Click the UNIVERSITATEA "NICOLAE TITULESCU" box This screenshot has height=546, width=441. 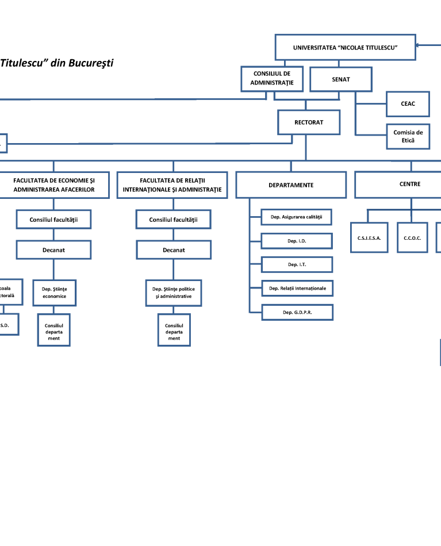pyautogui.click(x=345, y=47)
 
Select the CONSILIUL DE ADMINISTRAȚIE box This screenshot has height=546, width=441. pyautogui.click(x=272, y=79)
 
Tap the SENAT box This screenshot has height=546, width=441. pyautogui.click(x=340, y=79)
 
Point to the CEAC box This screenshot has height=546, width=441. pyautogui.click(x=408, y=104)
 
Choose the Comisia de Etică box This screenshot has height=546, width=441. pyautogui.click(x=408, y=136)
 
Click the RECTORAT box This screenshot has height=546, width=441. pyautogui.click(x=309, y=122)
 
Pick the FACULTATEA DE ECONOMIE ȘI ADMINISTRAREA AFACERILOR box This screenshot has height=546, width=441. pyautogui.click(x=53, y=185)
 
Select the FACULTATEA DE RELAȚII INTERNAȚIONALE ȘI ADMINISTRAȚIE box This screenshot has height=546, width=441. pyautogui.click(x=172, y=185)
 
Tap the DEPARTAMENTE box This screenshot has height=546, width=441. pyautogui.click(x=291, y=185)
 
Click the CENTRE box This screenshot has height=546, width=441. pyautogui.click(x=409, y=184)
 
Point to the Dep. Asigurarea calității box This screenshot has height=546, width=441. pyautogui.click(x=296, y=217)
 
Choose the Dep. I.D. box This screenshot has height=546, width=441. pyautogui.click(x=297, y=241)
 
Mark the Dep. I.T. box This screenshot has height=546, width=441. pyautogui.click(x=297, y=265)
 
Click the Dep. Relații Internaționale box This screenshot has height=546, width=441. pyautogui.click(x=297, y=288)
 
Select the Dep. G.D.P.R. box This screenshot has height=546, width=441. pyautogui.click(x=297, y=312)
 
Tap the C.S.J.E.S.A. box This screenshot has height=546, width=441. pyautogui.click(x=369, y=237)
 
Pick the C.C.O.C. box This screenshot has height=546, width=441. pyautogui.click(x=412, y=237)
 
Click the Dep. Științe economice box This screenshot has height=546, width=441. pyautogui.click(x=54, y=293)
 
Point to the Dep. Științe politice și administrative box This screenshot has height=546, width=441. pyautogui.click(x=174, y=293)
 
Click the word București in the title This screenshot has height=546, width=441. pyautogui.click(x=90, y=63)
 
